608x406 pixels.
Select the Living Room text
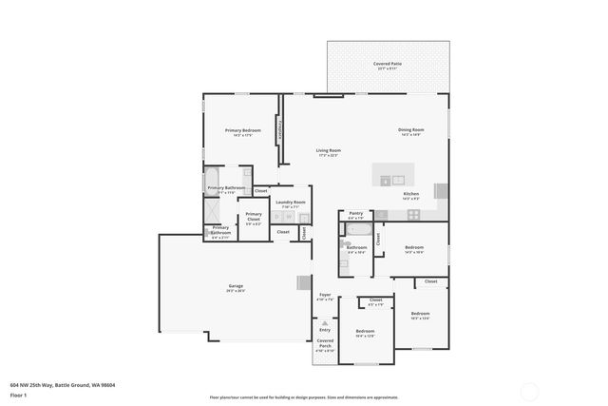coord(328,151)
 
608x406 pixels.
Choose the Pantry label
coord(355,214)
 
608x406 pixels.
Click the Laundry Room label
coord(290,203)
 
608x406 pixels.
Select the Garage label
coord(236,287)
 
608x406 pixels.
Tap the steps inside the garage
coord(303,282)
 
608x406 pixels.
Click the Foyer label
coord(325,296)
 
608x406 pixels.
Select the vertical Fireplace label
coord(279,131)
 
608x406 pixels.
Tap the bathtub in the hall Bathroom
coord(359,229)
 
